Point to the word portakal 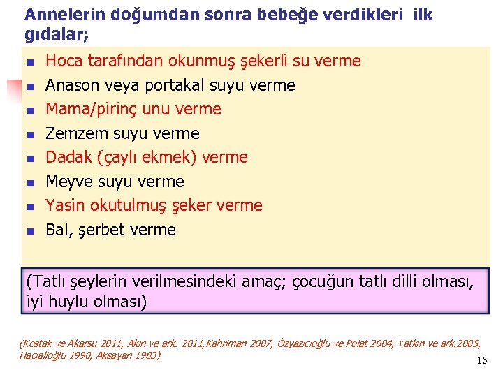148,86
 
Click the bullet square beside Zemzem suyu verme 29,134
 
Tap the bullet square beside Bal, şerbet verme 29,230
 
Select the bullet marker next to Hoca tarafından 29,62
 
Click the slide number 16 481,360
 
